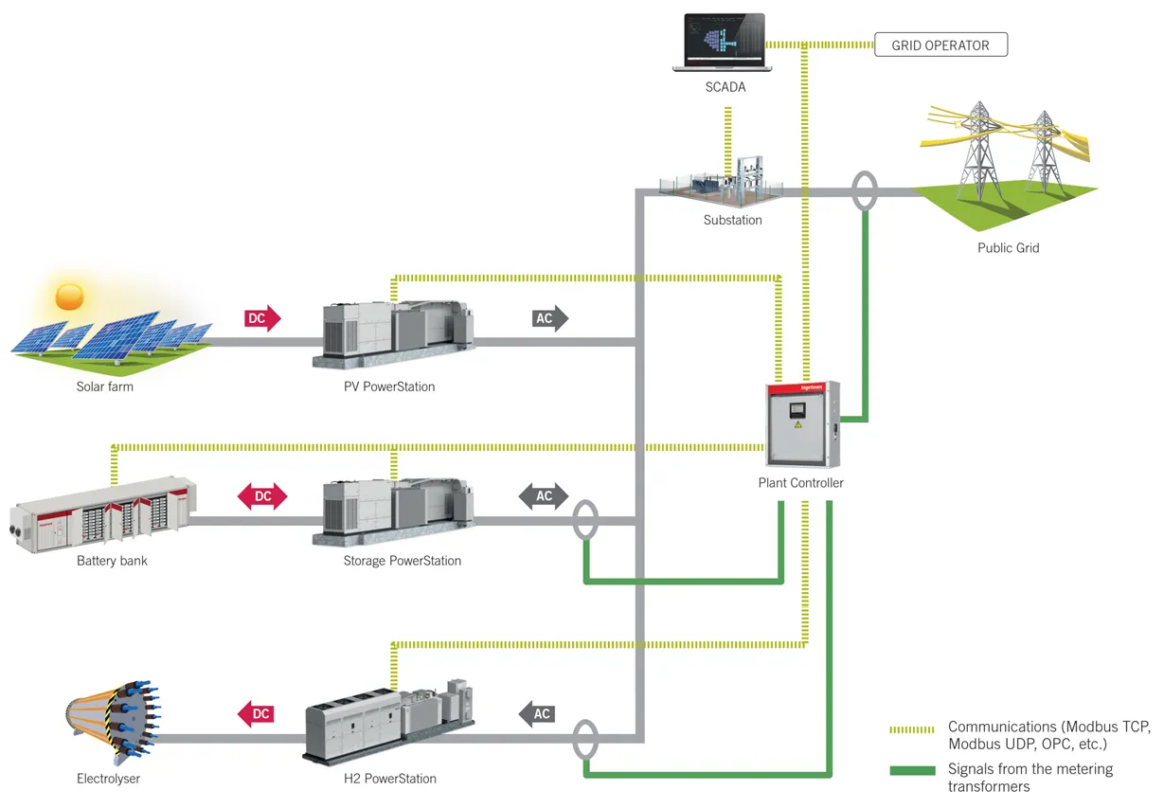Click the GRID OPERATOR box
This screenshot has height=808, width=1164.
tap(940, 45)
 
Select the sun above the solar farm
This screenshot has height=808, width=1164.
tap(71, 296)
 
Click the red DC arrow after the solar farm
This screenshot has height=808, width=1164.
tap(260, 319)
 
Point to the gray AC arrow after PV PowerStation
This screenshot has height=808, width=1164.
tap(548, 319)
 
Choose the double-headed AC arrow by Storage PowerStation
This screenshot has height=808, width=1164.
tap(544, 496)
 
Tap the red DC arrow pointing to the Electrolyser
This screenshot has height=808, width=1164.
tap(255, 713)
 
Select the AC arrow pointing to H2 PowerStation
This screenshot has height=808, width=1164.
tap(537, 713)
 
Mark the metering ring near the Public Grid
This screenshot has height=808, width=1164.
tap(864, 190)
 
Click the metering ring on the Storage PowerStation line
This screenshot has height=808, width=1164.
tap(585, 520)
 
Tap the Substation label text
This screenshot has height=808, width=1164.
tap(732, 221)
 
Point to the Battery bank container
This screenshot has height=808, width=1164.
tap(104, 512)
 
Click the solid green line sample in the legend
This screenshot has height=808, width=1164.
tap(912, 770)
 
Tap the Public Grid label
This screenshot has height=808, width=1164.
tap(1008, 248)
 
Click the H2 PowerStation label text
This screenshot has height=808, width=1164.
tap(389, 779)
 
